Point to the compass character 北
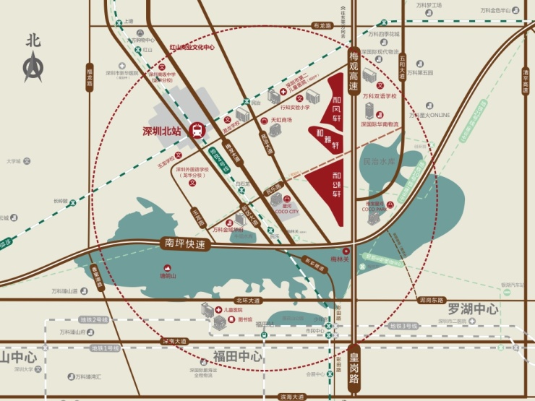(33, 40)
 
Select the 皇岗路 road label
(354, 368)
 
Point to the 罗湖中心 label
(472, 309)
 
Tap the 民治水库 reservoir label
(380, 163)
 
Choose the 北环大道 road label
(247, 300)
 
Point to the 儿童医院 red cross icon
(218, 309)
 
